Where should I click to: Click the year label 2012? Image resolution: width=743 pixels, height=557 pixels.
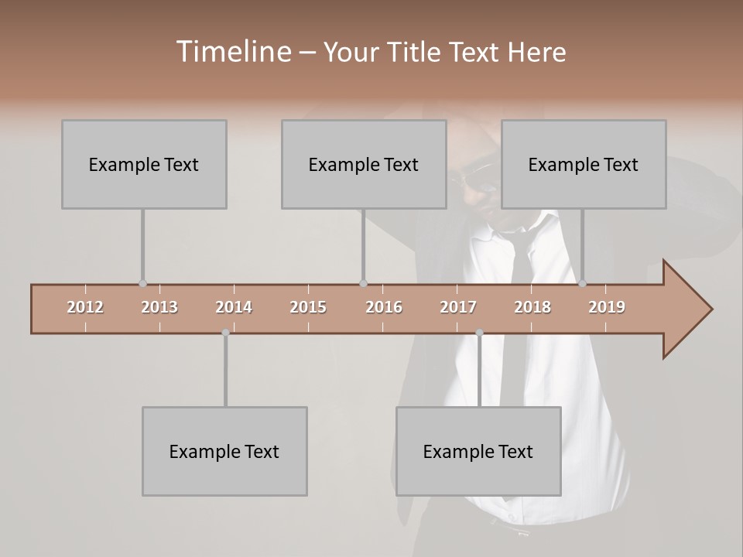85,307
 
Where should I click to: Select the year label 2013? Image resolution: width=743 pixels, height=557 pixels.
159,307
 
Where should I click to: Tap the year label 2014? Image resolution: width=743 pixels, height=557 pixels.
234,307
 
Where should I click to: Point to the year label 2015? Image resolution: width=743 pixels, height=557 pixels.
308,307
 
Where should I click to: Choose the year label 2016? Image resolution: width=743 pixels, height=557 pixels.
384,307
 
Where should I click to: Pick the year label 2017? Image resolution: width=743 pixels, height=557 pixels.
458,307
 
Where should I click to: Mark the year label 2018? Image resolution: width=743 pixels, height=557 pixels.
532,307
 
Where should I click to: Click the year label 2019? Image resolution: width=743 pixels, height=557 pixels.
607,307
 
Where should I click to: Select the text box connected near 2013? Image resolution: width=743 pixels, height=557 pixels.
144,164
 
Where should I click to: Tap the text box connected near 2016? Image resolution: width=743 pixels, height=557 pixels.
364,164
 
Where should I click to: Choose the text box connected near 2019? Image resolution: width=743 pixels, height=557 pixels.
584,164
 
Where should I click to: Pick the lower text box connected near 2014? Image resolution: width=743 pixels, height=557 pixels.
224,451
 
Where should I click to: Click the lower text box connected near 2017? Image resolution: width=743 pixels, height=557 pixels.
478,451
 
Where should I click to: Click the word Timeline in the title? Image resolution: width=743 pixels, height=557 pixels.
232,52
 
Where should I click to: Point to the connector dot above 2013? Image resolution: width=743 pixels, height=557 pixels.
142,284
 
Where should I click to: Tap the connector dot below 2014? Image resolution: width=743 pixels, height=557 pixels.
225,333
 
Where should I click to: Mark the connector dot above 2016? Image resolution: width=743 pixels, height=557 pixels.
363,284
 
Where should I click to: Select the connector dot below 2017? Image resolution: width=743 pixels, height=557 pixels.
479,333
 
